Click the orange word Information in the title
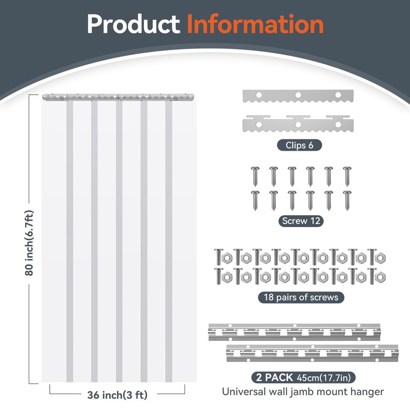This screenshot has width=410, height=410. click(255, 24)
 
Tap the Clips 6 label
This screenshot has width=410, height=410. click(300, 146)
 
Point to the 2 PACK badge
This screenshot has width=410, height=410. click(272, 378)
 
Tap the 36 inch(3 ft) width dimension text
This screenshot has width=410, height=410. click(117, 395)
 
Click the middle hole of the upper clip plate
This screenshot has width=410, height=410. click(298, 94)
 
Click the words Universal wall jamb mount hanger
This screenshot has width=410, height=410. click(302, 392)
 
